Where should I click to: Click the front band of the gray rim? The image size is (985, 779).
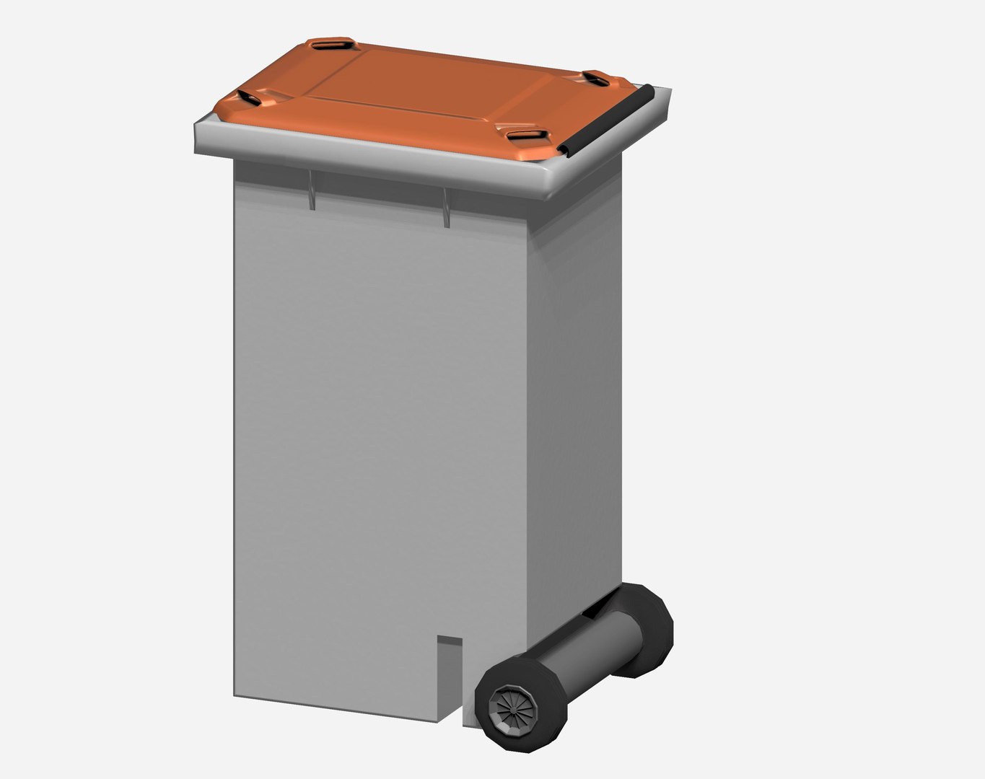361,159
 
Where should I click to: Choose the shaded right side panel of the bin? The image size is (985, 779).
577,404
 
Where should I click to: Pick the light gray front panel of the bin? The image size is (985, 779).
382,433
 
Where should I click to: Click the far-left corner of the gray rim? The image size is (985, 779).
199,137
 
